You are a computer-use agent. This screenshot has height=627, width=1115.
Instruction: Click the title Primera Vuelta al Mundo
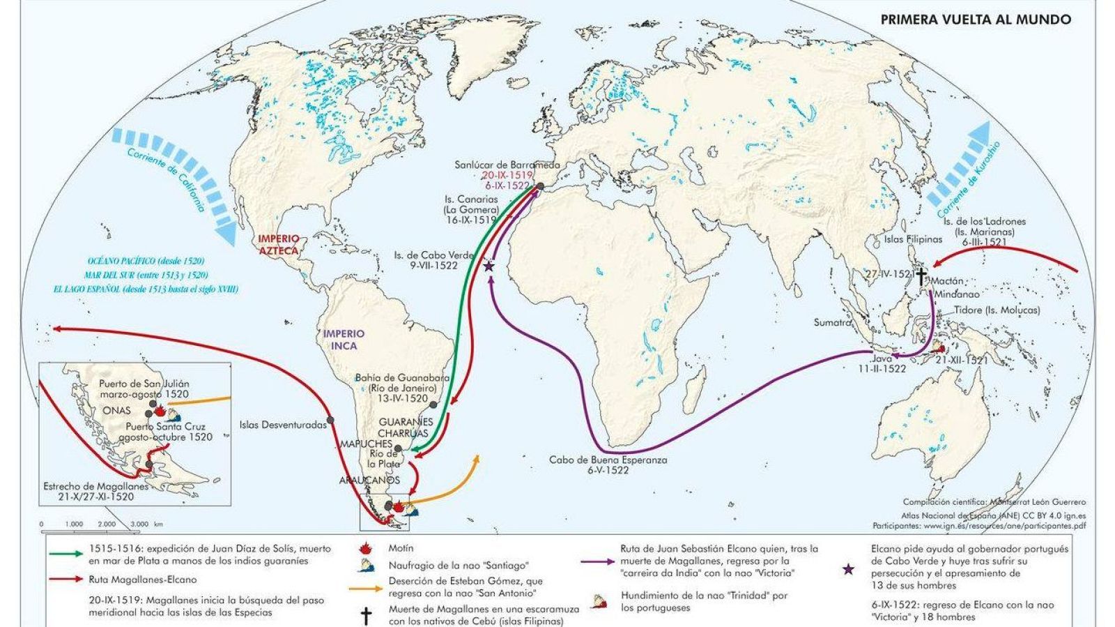[x=976, y=20]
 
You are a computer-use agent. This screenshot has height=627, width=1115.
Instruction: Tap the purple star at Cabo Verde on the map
[x=489, y=266]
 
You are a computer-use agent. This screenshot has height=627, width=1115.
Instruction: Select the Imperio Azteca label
[x=278, y=244]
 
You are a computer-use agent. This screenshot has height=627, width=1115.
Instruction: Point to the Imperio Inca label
[x=340, y=340]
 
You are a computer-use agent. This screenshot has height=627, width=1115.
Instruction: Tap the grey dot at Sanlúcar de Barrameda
[x=540, y=187]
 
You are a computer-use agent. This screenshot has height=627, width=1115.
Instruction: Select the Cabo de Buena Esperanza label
[x=608, y=460]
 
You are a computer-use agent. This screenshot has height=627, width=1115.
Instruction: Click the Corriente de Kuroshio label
[x=962, y=180]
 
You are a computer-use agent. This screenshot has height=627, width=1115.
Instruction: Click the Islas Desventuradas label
[x=283, y=424]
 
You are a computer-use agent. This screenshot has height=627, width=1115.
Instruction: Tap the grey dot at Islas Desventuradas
[x=330, y=420]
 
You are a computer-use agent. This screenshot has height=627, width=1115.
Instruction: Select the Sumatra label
[x=833, y=323]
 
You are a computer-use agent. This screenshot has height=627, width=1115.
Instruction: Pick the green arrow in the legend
[x=68, y=554]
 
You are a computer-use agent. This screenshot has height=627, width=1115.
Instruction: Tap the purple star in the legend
[x=848, y=570]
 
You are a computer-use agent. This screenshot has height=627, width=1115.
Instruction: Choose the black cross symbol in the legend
[x=364, y=616]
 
